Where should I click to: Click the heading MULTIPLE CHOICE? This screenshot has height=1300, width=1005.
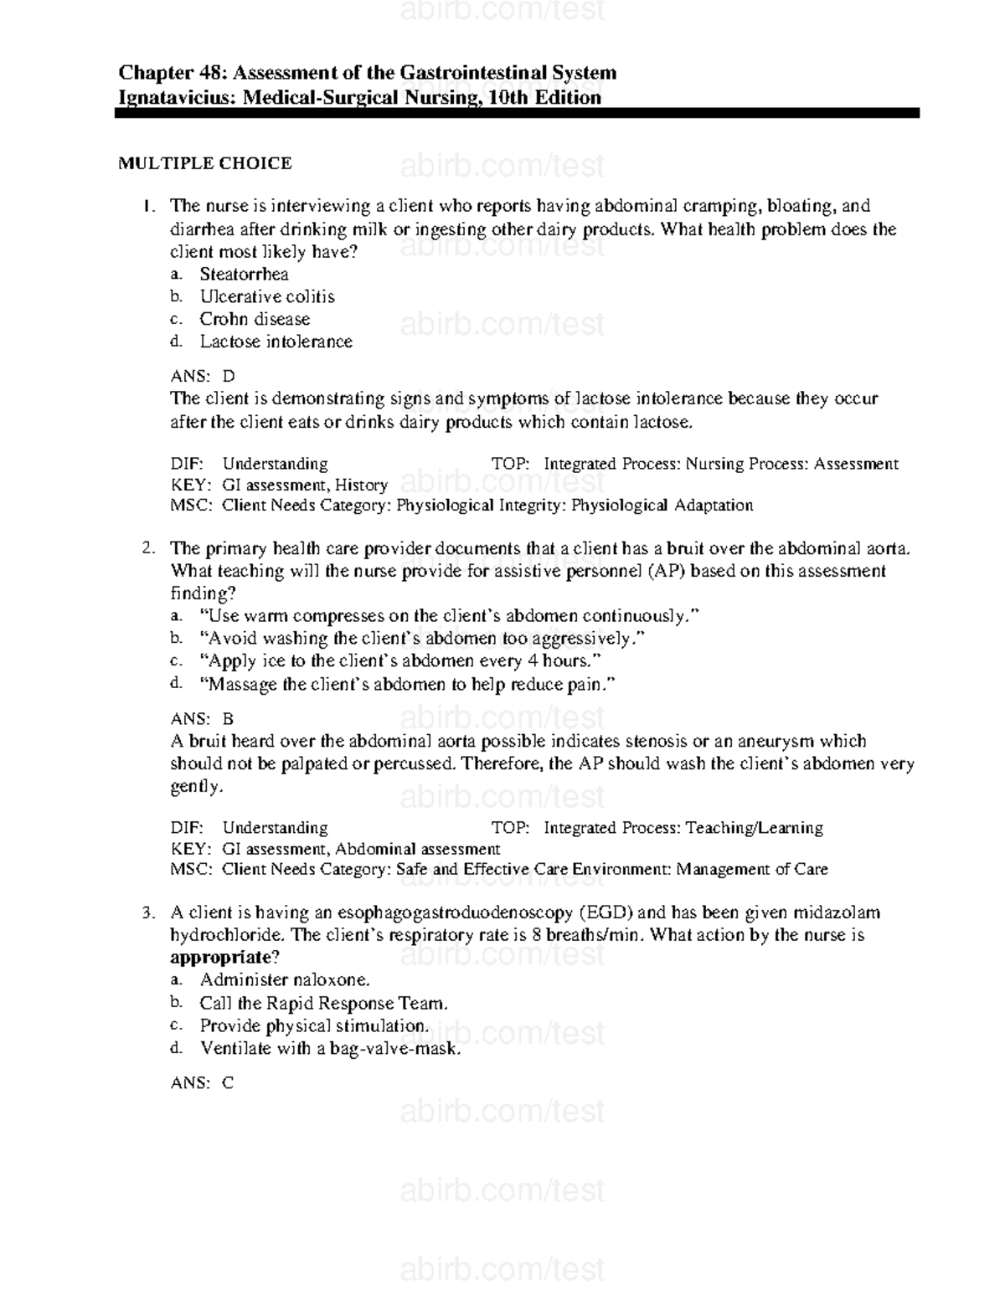[x=204, y=163]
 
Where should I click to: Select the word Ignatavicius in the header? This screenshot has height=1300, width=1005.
[x=178, y=98]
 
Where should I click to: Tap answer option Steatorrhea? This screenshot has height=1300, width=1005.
[x=244, y=275]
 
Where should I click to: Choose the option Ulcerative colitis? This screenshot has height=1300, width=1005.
[x=266, y=297]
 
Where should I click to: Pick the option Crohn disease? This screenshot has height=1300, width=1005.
[x=255, y=319]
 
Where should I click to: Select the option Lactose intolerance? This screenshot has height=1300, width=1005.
[x=276, y=342]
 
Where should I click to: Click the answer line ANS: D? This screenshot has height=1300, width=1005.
[x=203, y=377]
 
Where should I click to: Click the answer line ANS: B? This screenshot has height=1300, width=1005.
[x=202, y=719]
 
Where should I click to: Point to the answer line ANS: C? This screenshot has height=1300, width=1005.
[x=202, y=1083]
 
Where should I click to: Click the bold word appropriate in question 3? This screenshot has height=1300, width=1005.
[x=221, y=958]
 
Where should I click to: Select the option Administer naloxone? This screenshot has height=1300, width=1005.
[x=284, y=980]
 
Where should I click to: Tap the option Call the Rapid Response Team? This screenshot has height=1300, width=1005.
[x=323, y=1003]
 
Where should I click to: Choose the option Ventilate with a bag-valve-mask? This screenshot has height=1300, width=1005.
[x=330, y=1048]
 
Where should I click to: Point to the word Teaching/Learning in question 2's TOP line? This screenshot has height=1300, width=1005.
[x=754, y=828]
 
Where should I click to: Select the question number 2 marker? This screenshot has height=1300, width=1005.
[x=147, y=548]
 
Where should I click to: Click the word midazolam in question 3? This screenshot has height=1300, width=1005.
[x=837, y=912]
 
